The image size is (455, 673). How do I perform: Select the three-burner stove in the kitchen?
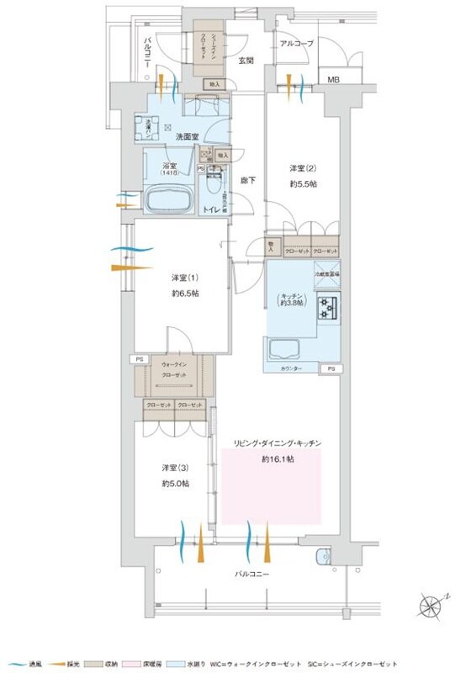[327, 309]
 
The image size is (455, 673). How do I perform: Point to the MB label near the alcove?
[334, 80]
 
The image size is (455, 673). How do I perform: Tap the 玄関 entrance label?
[246, 60]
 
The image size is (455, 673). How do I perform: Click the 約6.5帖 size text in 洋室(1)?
[184, 293]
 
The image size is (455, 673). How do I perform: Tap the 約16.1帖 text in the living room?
[277, 459]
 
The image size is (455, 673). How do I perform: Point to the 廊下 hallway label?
[248, 179]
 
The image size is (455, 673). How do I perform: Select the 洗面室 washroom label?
[186, 135]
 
